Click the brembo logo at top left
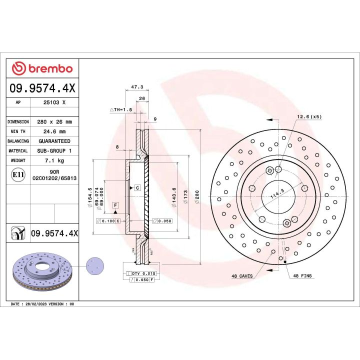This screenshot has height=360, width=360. [42, 68]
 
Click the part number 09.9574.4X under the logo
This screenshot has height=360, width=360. [42, 88]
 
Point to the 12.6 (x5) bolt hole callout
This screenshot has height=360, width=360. [308, 116]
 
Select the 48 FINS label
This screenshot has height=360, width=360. [302, 276]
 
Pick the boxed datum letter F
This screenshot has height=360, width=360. [115, 205]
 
